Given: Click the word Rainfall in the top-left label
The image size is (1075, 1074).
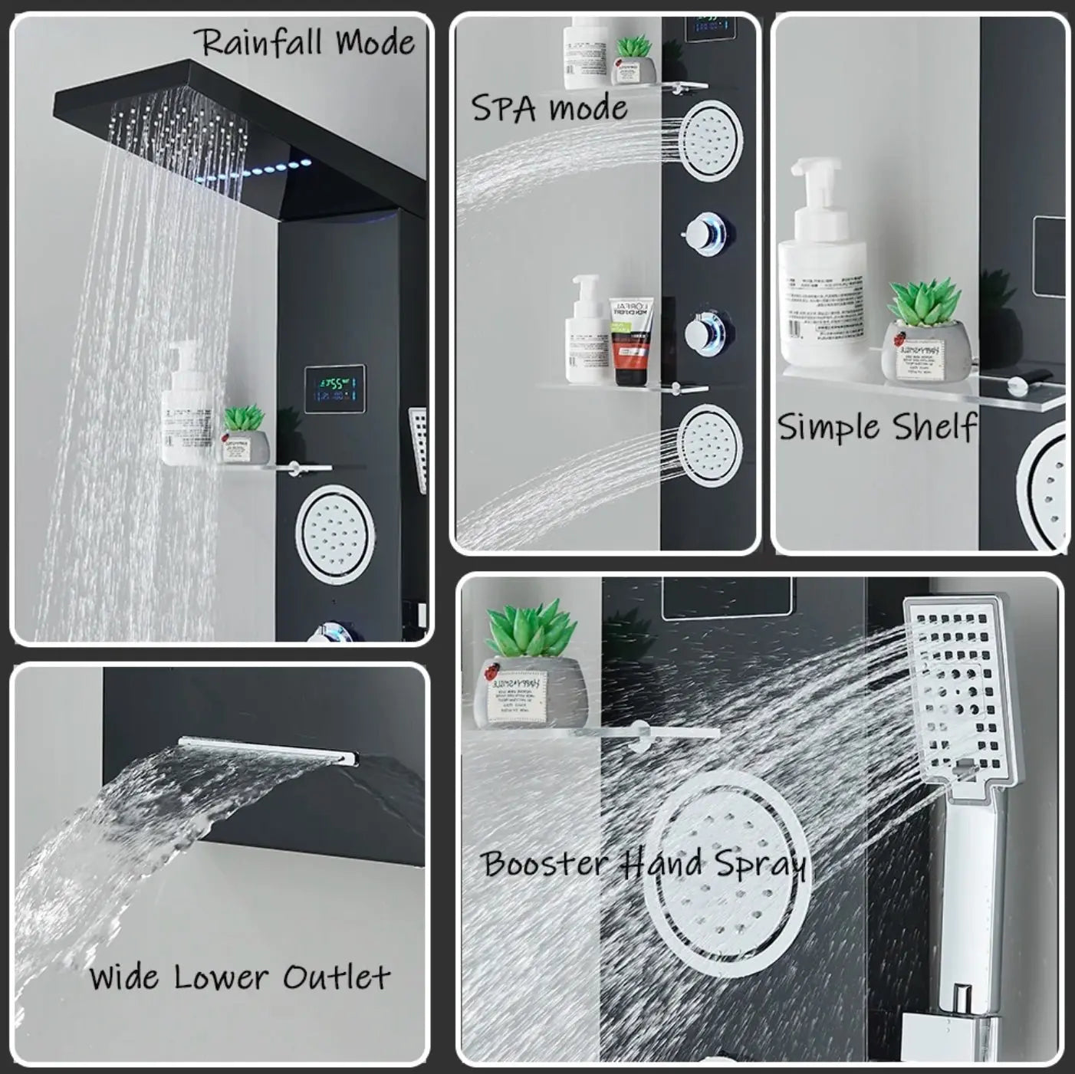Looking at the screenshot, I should (x=258, y=42).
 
